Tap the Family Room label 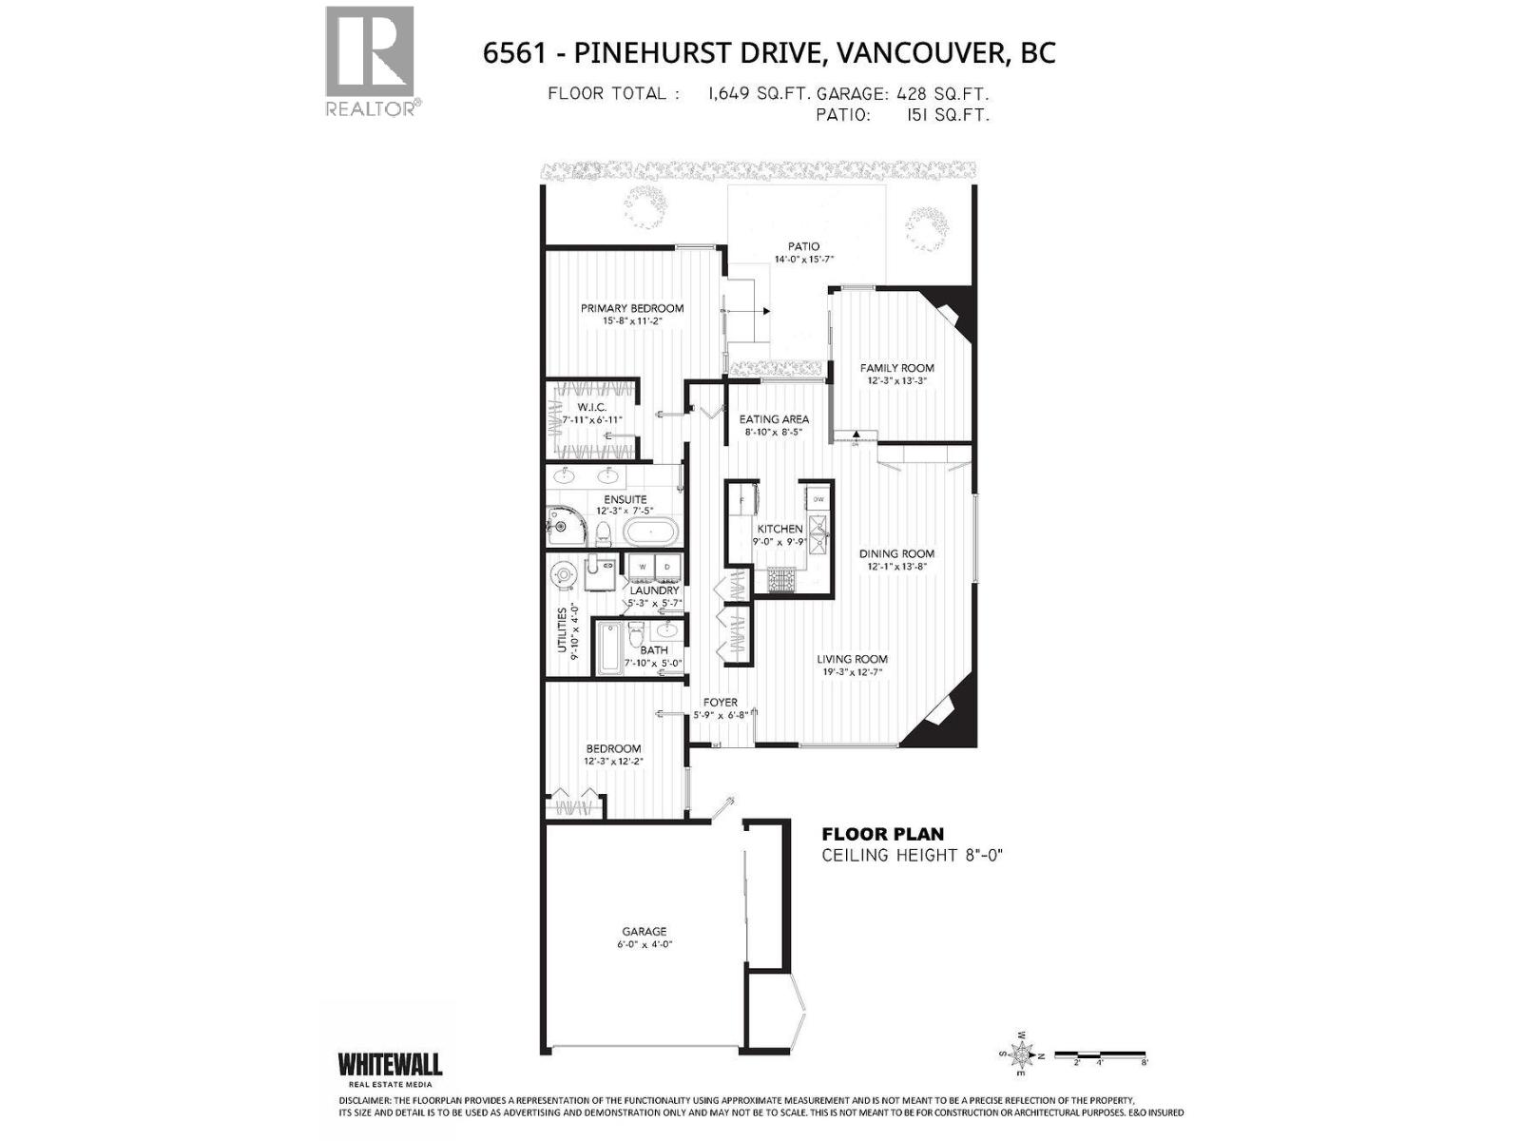click(x=896, y=368)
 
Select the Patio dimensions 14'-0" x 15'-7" click(x=803, y=259)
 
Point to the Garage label click(x=644, y=932)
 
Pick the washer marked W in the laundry click(x=642, y=567)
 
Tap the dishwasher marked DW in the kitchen click(x=818, y=499)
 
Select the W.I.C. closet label click(x=591, y=407)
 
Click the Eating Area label click(x=774, y=419)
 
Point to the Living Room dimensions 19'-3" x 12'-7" click(x=855, y=672)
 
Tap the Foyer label click(x=720, y=703)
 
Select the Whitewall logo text click(x=390, y=1064)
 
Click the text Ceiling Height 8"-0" click(x=912, y=855)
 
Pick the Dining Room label click(x=896, y=553)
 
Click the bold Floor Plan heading click(x=882, y=834)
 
